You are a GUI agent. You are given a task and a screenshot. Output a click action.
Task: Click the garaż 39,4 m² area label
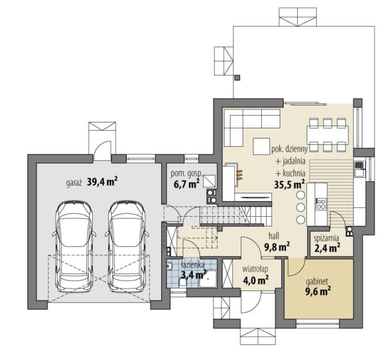click(x=92, y=182)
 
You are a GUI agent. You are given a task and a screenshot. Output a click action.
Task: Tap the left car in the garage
click(x=74, y=247)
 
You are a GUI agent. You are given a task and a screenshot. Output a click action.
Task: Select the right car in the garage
click(x=127, y=247)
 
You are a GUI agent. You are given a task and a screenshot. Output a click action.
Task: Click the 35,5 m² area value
click(x=290, y=184)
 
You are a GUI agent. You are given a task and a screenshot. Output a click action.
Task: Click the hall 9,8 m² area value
click(x=277, y=247)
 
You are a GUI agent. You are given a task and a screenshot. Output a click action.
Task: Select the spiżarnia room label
click(x=326, y=238)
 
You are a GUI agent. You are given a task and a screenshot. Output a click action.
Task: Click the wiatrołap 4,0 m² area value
click(x=255, y=281)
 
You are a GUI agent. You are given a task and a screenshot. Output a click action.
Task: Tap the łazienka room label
click(x=193, y=265)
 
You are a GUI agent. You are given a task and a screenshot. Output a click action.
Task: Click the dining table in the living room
click(x=327, y=135)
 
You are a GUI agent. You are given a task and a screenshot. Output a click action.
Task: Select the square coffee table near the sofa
click(x=262, y=147)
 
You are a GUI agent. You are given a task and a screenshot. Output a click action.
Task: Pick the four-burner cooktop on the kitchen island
click(x=321, y=204)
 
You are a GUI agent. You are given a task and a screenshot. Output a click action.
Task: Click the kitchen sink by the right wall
click(x=359, y=166)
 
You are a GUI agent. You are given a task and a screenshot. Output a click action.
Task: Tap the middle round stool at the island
click(x=301, y=207)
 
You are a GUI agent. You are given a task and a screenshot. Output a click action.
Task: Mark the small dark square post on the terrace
click(x=237, y=78)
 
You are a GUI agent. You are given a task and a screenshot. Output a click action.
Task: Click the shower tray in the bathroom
click(x=208, y=279)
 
